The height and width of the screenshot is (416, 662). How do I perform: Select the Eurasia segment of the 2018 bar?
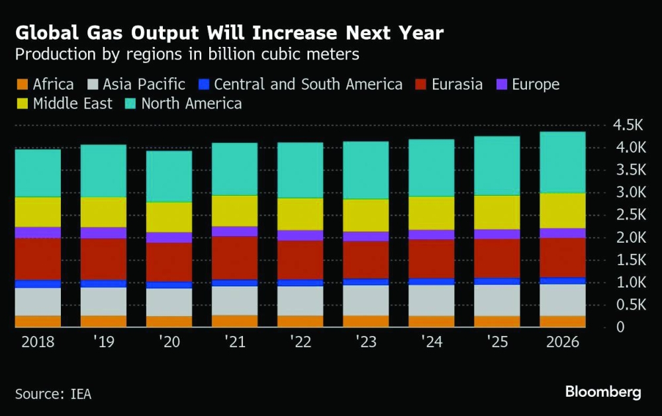[38, 259]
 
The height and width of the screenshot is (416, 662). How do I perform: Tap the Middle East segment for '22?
[301, 214]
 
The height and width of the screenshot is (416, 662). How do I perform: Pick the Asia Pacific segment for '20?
[169, 302]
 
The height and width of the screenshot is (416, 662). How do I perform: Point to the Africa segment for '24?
[432, 321]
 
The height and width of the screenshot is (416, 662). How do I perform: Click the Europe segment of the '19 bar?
[103, 232]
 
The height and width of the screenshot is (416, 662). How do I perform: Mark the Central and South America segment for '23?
[366, 282]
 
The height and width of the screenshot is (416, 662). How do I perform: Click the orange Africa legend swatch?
[21, 84]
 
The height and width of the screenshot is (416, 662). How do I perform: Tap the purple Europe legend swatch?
[501, 84]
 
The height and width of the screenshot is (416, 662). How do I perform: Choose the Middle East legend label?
[73, 103]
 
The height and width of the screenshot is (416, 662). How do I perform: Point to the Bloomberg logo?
[603, 392]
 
